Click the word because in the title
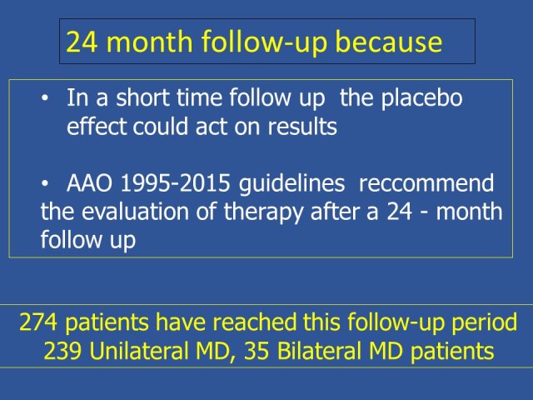point(389,42)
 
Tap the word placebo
point(421,99)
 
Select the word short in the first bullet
point(142,97)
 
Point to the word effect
point(97,126)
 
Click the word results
point(302,126)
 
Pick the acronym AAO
point(89,183)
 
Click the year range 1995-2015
point(176,183)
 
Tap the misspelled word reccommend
point(426,183)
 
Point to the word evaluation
point(135,212)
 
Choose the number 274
point(38,322)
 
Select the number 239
point(62,351)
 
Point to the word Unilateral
point(139,350)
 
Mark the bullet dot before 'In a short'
point(45,98)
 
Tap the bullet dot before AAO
point(45,184)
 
